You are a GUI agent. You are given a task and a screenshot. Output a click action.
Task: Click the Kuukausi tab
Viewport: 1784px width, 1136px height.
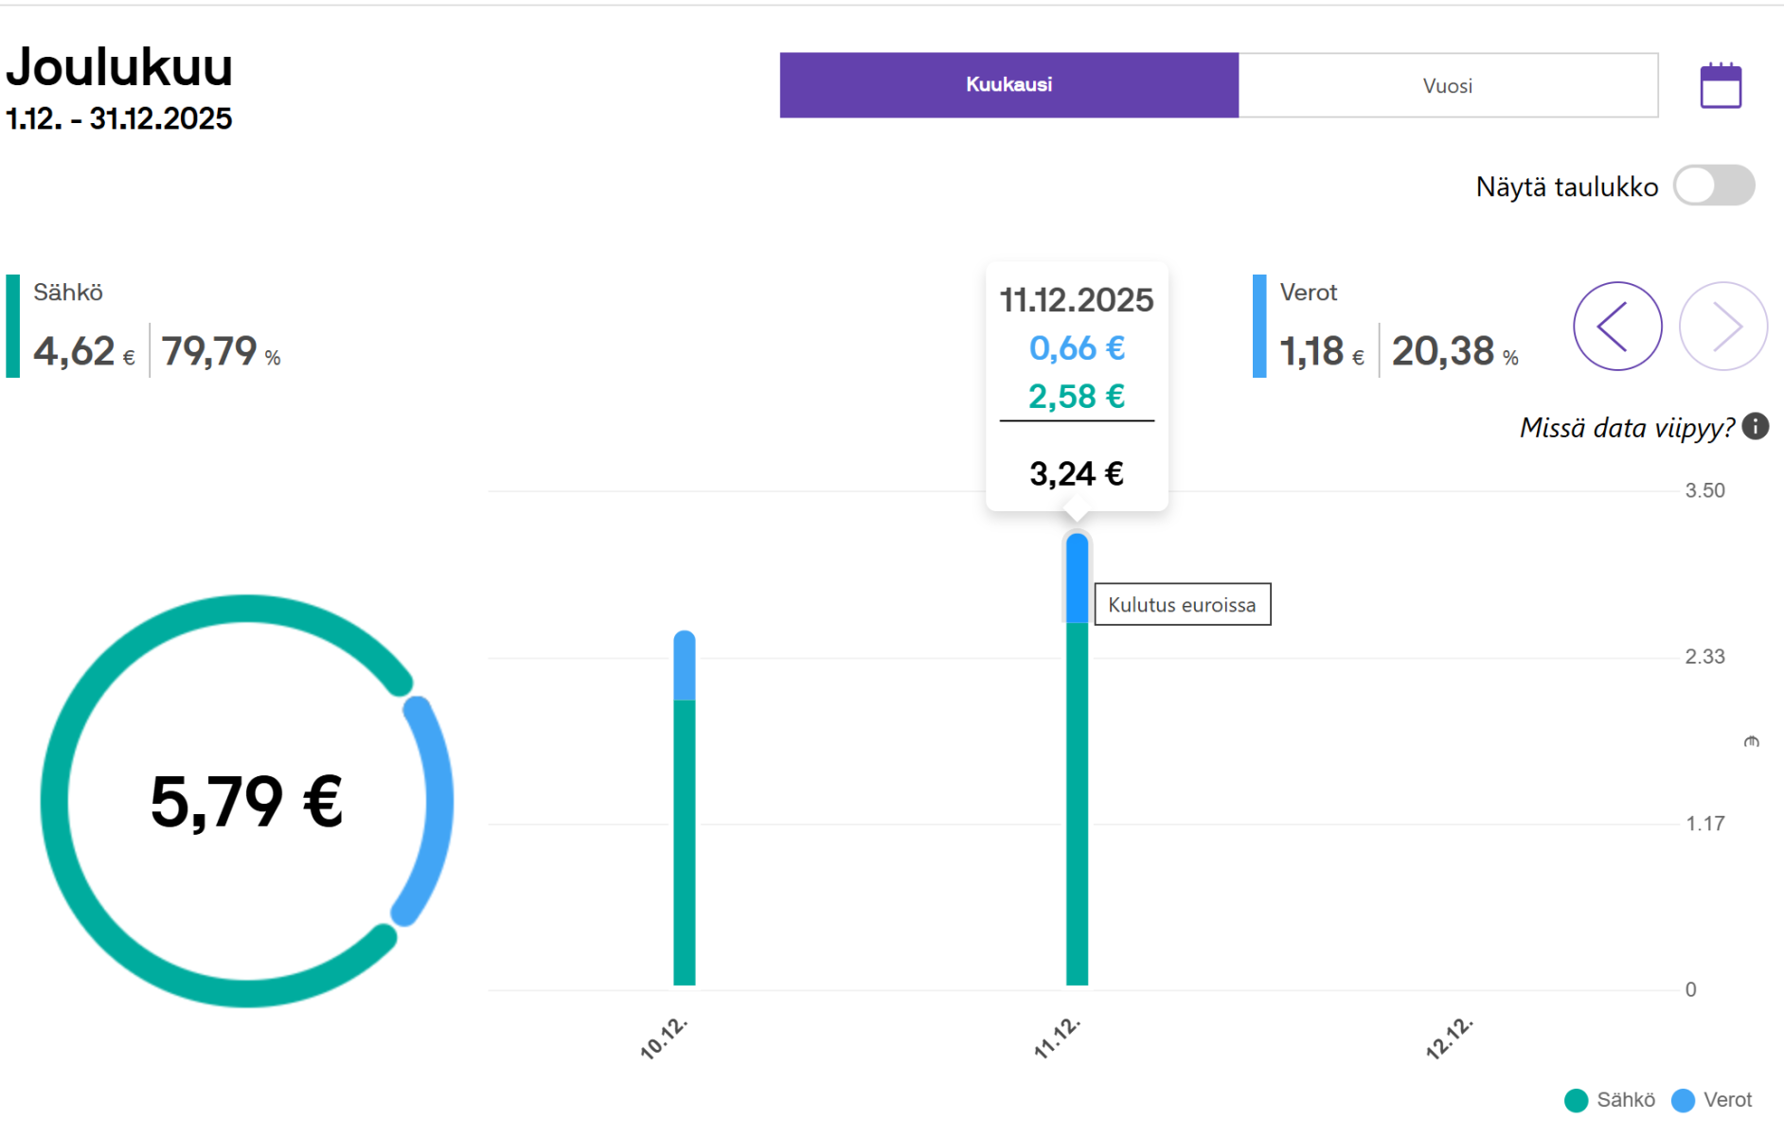pyautogui.click(x=1008, y=85)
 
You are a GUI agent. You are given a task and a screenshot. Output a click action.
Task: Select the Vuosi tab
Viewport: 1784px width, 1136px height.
pyautogui.click(x=1448, y=85)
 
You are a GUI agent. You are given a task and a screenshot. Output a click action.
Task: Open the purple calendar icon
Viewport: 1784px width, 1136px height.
pyautogui.click(x=1721, y=86)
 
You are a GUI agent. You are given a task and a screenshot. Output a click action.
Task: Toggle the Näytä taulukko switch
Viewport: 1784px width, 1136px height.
pyautogui.click(x=1714, y=186)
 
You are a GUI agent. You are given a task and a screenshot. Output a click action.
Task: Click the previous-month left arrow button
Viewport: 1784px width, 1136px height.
pyautogui.click(x=1617, y=327)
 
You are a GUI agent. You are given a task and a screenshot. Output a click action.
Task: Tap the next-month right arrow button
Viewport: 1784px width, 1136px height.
pyautogui.click(x=1723, y=327)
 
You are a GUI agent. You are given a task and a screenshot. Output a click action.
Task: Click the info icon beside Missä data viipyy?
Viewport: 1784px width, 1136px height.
pyautogui.click(x=1756, y=427)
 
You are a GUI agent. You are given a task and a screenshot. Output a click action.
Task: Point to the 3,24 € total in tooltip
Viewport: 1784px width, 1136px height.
pyautogui.click(x=1077, y=473)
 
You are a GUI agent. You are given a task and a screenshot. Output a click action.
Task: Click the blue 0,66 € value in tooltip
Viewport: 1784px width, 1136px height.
pyautogui.click(x=1077, y=348)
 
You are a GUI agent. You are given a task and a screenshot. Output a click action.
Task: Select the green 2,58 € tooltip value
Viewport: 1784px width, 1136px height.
pyautogui.click(x=1077, y=397)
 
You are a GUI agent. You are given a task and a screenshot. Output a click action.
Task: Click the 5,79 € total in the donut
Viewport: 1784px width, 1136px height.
pyautogui.click(x=246, y=802)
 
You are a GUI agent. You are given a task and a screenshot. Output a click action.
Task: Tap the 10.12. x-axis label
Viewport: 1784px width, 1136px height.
pyautogui.click(x=664, y=1038)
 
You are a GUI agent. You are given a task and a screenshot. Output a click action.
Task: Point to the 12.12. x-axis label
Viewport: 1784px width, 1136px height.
pyautogui.click(x=1450, y=1038)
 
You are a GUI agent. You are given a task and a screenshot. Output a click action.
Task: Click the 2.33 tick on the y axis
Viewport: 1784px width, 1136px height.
pyautogui.click(x=1705, y=657)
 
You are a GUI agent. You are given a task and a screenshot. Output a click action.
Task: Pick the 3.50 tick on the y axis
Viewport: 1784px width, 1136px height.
pyautogui.click(x=1705, y=490)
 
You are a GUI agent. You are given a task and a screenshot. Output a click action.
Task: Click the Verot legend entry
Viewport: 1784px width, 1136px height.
pyautogui.click(x=1712, y=1100)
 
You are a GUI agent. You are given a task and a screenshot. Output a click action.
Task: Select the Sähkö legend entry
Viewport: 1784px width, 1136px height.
pyautogui.click(x=1610, y=1100)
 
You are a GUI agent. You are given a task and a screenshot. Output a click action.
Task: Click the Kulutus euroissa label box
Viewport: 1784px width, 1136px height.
pyautogui.click(x=1183, y=605)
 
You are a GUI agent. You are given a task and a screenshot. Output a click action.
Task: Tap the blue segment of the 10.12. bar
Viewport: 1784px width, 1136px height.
pyautogui.click(x=685, y=666)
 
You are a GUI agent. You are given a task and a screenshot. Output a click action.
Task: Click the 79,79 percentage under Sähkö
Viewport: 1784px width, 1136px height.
pyautogui.click(x=209, y=351)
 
